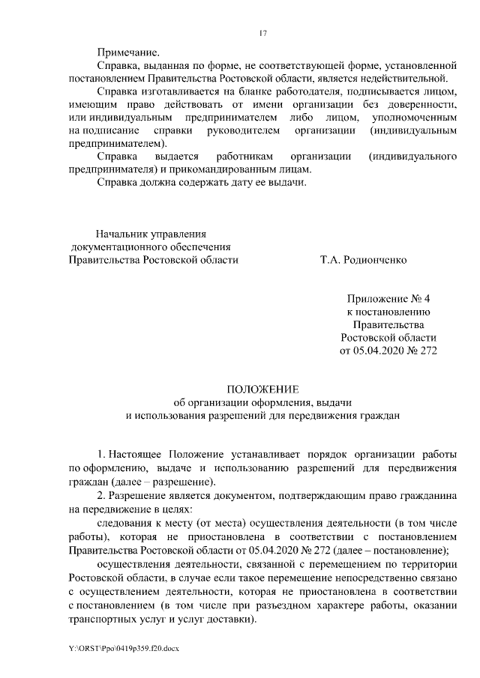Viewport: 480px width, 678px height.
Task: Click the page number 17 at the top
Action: [262, 33]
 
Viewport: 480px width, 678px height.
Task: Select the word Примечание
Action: [128, 52]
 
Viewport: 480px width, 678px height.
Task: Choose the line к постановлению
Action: [387, 311]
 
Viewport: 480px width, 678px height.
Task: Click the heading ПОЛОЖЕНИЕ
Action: [262, 388]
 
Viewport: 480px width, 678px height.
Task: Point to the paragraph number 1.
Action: [102, 454]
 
